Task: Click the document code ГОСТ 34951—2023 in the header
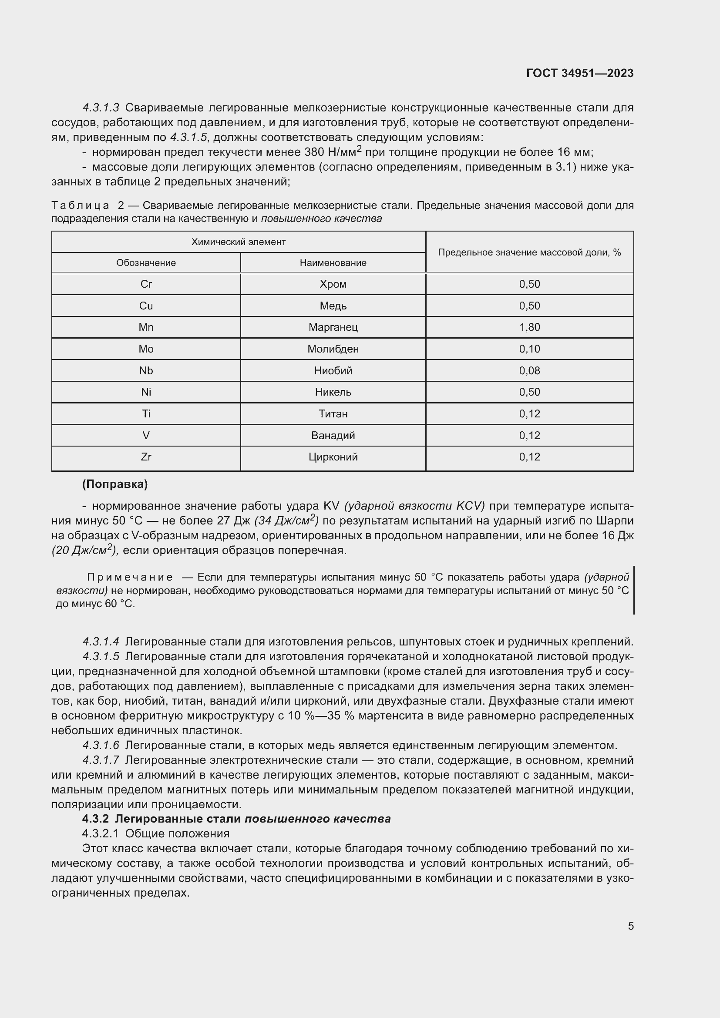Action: click(579, 73)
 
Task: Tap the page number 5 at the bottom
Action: click(630, 926)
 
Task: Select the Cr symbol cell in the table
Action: click(146, 284)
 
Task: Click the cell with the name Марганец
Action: click(333, 327)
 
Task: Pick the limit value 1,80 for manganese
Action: click(529, 327)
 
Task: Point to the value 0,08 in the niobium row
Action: click(529, 371)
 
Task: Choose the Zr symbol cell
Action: click(146, 457)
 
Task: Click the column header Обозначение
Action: click(146, 262)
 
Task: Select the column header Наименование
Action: click(333, 262)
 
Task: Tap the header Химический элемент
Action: click(238, 242)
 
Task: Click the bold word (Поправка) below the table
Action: click(115, 484)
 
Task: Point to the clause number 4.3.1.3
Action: click(101, 108)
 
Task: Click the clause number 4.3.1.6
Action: click(101, 745)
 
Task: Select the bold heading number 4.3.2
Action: click(95, 819)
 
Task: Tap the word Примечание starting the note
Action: click(130, 577)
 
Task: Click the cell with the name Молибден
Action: click(333, 349)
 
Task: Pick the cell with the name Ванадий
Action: click(333, 435)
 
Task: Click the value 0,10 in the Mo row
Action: click(529, 349)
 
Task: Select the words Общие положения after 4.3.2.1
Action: click(177, 833)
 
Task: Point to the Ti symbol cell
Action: click(146, 413)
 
